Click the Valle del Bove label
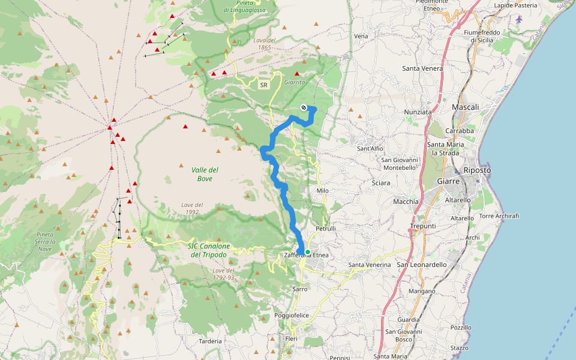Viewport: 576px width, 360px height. (205, 174)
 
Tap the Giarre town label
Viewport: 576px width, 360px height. (448, 181)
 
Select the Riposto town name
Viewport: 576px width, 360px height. (477, 170)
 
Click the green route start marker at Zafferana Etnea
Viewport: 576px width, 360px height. (307, 252)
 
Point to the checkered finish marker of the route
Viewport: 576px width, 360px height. (304, 107)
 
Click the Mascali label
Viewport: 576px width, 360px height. (466, 107)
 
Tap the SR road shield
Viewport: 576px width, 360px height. (263, 85)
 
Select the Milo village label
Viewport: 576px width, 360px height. (322, 191)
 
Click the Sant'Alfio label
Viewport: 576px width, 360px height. (370, 148)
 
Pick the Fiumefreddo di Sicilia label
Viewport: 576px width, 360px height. (482, 36)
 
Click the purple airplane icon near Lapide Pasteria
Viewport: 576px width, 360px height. (519, 17)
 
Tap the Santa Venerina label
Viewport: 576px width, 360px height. (370, 265)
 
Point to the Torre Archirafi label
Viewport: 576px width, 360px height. (499, 216)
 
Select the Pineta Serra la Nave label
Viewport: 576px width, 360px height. (46, 241)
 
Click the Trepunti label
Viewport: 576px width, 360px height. (422, 226)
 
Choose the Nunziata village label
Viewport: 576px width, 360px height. (418, 112)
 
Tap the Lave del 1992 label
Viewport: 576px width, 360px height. (192, 208)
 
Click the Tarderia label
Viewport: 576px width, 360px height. (210, 341)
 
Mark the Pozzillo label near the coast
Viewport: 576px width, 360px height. (461, 328)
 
